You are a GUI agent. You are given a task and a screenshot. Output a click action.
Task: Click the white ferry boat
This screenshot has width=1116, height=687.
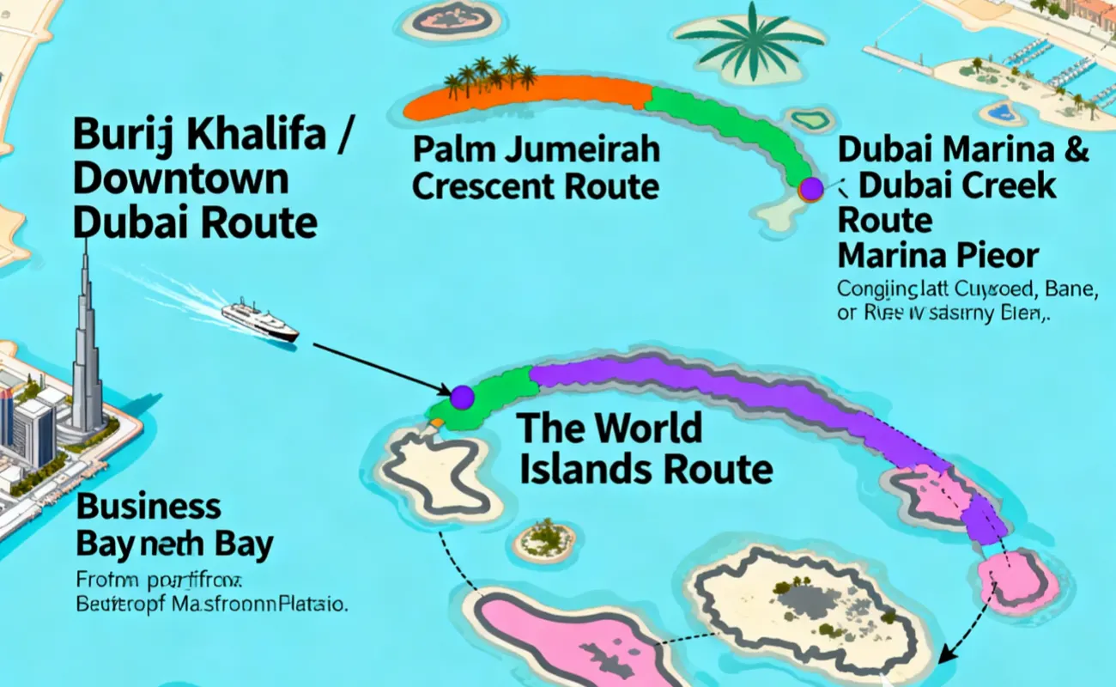pos(259,319)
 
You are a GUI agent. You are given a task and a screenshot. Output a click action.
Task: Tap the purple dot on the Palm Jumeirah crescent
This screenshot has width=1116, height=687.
pos(810,189)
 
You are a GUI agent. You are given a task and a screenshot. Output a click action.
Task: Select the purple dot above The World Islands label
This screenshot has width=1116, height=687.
pos(462,397)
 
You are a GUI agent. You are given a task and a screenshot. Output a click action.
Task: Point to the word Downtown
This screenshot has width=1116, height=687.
pos(180,179)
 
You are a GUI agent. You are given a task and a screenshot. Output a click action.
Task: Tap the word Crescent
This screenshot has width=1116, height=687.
pos(490,186)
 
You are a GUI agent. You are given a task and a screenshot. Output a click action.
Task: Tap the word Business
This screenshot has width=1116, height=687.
pos(149,507)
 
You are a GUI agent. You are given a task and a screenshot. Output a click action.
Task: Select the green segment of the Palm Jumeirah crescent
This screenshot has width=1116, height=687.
pos(738,129)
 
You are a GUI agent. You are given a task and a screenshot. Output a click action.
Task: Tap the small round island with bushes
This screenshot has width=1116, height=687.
pos(544,541)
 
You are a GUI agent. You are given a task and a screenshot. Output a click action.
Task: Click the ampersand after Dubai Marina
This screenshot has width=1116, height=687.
pos(1075,149)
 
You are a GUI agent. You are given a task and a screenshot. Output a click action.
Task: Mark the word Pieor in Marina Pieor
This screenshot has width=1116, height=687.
pos(998,256)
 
